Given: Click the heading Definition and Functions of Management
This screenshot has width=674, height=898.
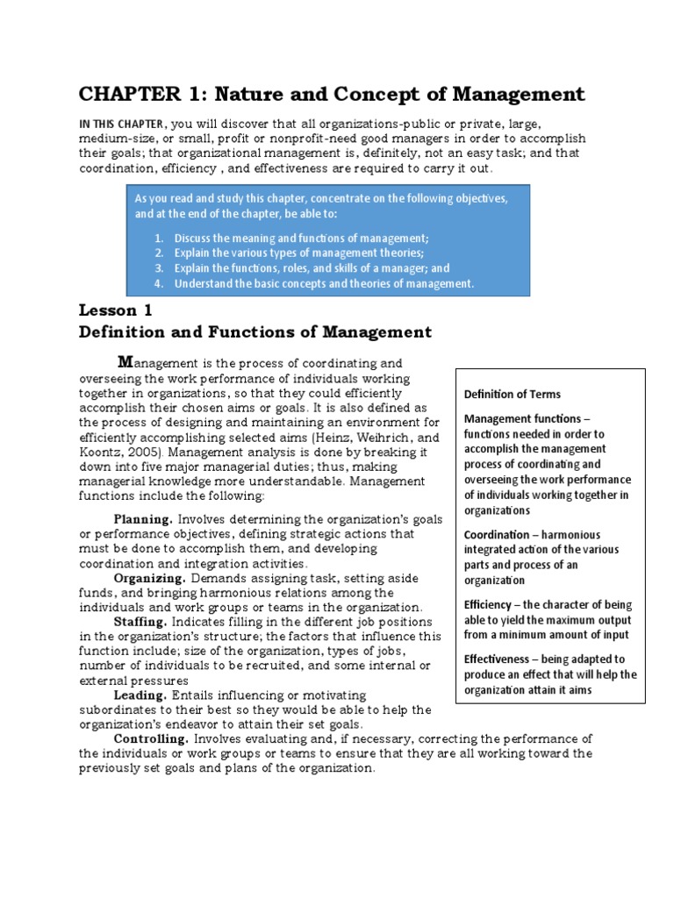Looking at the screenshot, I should coord(255,331).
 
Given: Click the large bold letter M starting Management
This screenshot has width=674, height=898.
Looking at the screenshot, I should coord(125,361).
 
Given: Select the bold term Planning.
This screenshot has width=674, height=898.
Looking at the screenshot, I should coord(144,519).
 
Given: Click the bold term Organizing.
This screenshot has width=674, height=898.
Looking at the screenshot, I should coord(150,579).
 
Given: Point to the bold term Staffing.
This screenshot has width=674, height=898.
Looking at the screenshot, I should coord(140,621).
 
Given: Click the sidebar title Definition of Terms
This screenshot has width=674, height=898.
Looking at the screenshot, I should coord(512,394).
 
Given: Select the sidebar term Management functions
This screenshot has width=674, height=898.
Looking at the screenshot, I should coord(521,418).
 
